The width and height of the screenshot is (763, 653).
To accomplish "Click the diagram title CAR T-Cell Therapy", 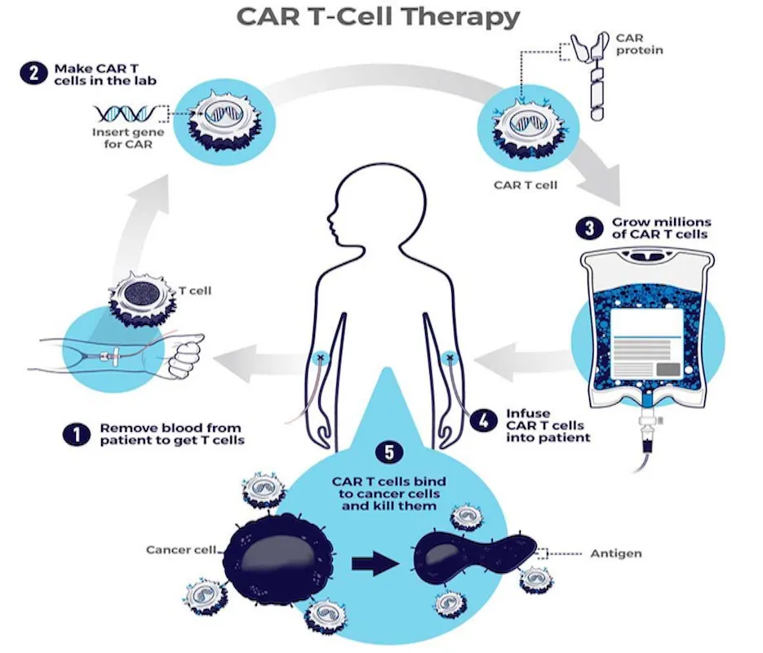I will pos(378,17).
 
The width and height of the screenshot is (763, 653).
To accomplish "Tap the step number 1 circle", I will pos(77,433).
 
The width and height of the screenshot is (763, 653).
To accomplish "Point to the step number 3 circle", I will pos(589,228).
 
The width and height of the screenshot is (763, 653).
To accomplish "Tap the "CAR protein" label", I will pos(640,43).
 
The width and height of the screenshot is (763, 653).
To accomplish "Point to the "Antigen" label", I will pos(616,553).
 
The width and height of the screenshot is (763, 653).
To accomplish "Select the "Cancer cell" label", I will pos(181,549).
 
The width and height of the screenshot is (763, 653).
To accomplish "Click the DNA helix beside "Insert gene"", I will pos(119,114).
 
